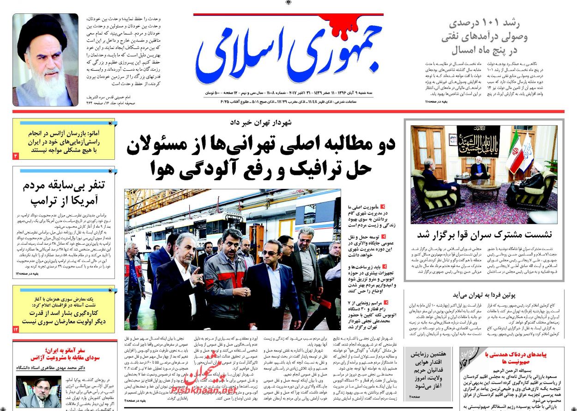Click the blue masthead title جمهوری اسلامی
[288, 51]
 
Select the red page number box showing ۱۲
[16, 329]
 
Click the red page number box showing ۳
[16, 156]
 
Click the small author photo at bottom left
[39, 392]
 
